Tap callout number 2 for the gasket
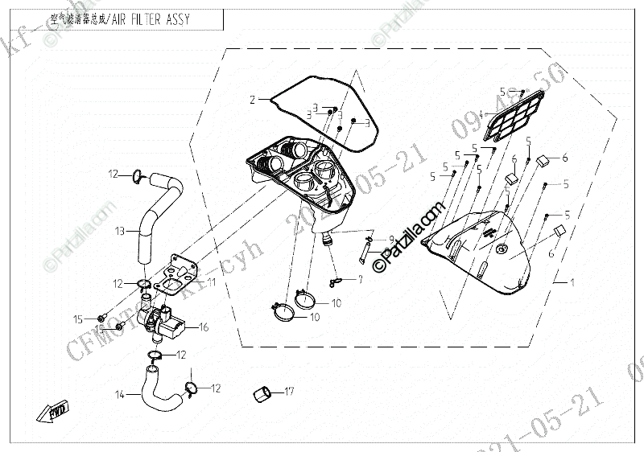coord(251,100)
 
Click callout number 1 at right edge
coord(572,284)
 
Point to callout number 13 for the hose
coord(118,232)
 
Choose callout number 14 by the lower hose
coord(119,394)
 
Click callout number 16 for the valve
coord(204,327)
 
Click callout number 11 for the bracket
coord(212,282)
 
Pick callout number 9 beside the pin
coord(391,239)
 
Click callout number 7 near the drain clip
coord(361,279)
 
